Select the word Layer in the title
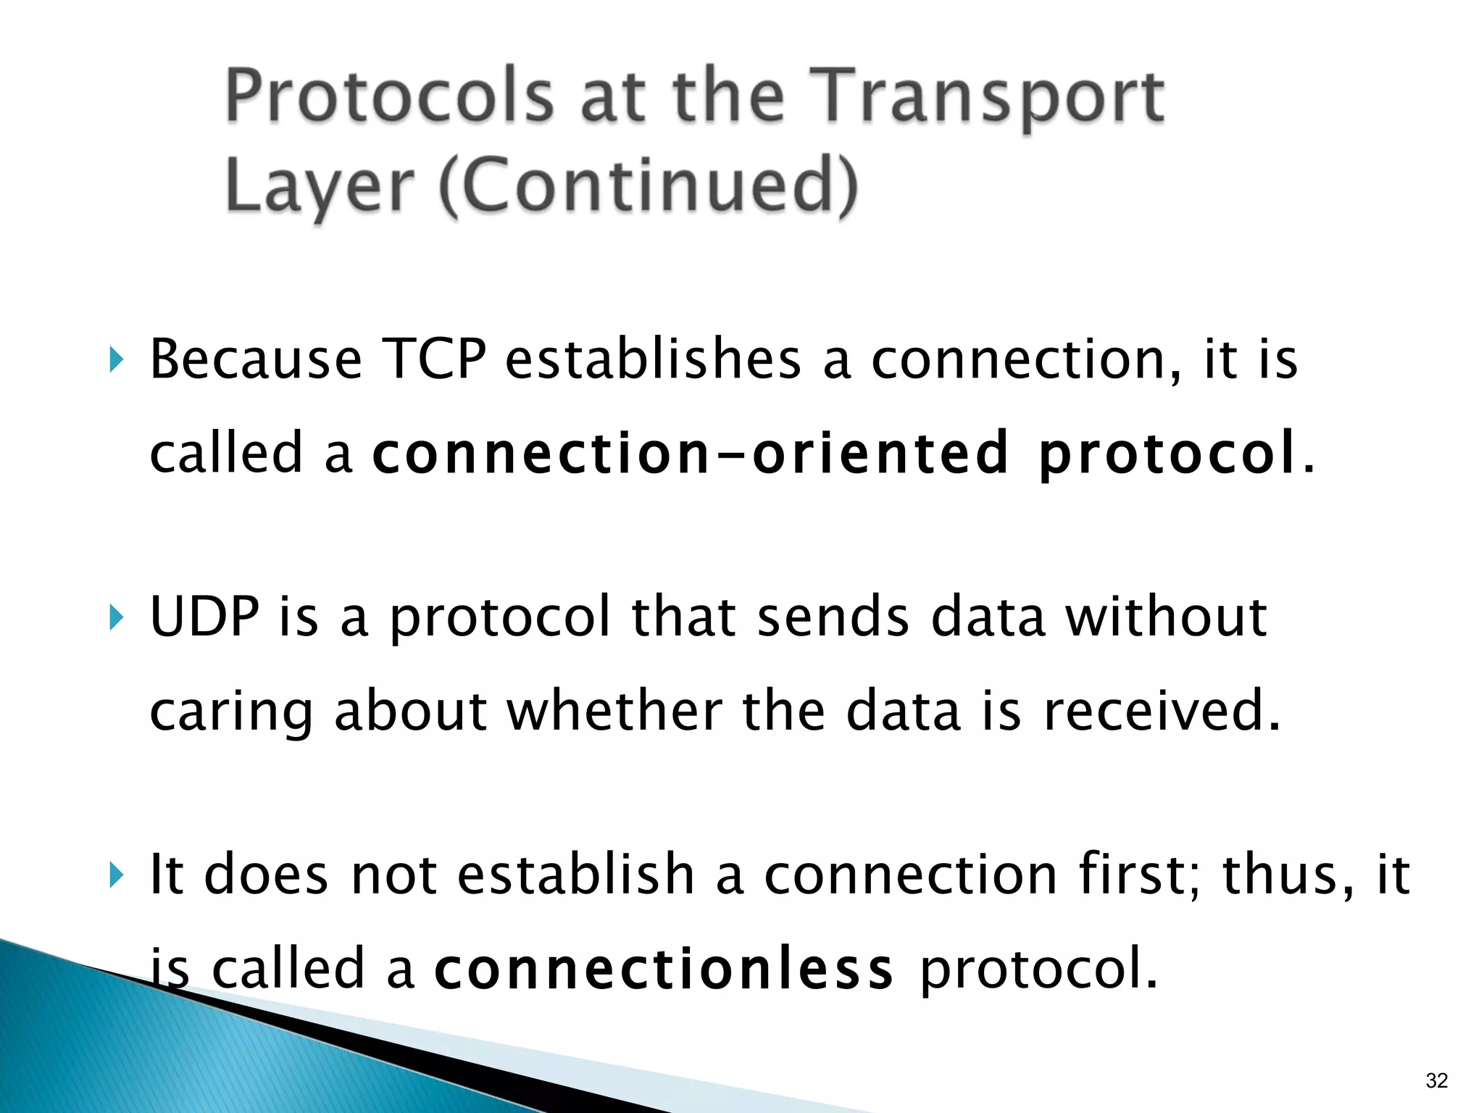(x=319, y=187)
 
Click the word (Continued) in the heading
(x=649, y=187)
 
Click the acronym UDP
(x=204, y=617)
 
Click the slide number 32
(x=1436, y=1080)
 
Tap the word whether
(x=614, y=711)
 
